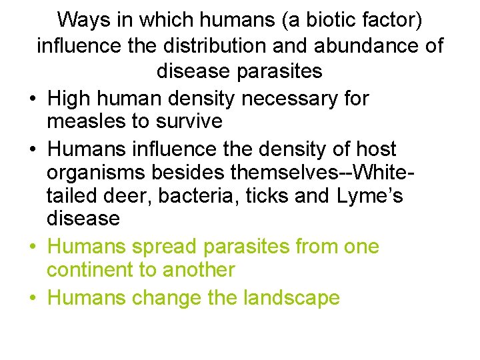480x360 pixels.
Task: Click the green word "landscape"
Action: click(287, 297)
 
